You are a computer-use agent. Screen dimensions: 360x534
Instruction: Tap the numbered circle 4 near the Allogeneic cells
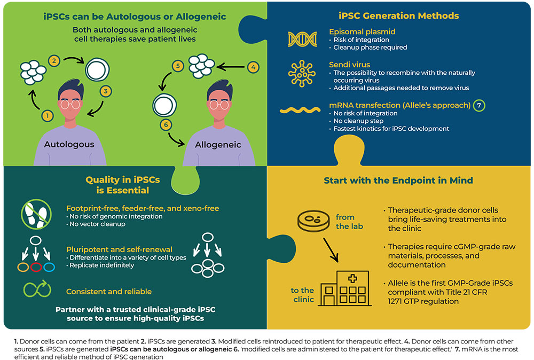pyautogui.click(x=254, y=68)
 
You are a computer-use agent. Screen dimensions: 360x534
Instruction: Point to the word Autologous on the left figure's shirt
pyautogui.click(x=69, y=144)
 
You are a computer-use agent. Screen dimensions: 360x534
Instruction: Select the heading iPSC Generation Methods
pyautogui.click(x=399, y=15)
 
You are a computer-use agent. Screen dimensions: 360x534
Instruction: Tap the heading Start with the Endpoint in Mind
pyautogui.click(x=398, y=181)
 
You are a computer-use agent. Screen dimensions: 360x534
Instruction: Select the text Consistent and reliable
pyautogui.click(x=109, y=292)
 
